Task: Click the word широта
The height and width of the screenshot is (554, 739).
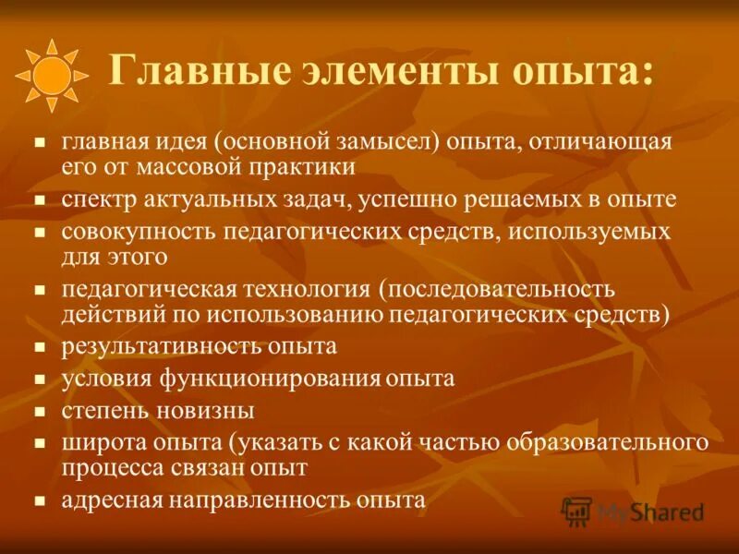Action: point(99,441)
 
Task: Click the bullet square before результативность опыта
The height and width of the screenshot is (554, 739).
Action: point(40,348)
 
